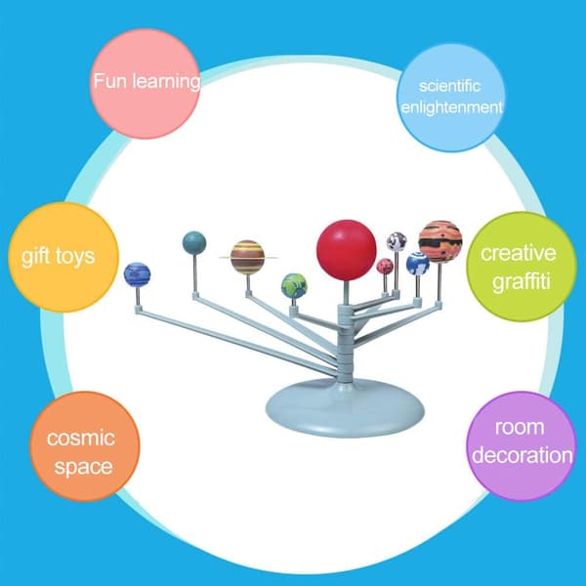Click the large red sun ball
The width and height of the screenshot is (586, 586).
tap(346, 250)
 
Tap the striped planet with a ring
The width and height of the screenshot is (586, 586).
tap(247, 257)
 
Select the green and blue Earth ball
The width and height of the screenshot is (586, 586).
tap(294, 286)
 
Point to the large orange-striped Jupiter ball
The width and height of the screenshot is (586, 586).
tap(440, 242)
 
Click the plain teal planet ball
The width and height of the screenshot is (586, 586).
tap(194, 243)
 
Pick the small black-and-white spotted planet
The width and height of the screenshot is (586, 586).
tap(397, 241)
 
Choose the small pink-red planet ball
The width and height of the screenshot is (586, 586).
tap(385, 266)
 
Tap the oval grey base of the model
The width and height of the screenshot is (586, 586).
tap(345, 407)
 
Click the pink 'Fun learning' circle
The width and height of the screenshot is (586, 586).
tap(146, 84)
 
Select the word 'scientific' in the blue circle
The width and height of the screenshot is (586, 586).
tap(449, 86)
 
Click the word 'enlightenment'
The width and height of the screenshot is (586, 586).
tap(451, 108)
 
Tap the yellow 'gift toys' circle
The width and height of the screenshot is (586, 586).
tap(63, 257)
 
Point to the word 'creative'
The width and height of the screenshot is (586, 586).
tap(519, 253)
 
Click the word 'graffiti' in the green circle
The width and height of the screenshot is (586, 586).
tap(522, 280)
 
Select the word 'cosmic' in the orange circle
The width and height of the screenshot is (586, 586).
tap(81, 438)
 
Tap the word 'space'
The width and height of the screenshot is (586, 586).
tap(83, 467)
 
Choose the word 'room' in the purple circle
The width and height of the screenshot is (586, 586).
tap(520, 427)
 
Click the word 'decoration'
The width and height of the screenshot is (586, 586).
tap(523, 455)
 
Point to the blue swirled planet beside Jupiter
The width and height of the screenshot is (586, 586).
tap(417, 264)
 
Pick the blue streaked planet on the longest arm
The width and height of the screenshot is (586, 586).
tap(137, 274)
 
